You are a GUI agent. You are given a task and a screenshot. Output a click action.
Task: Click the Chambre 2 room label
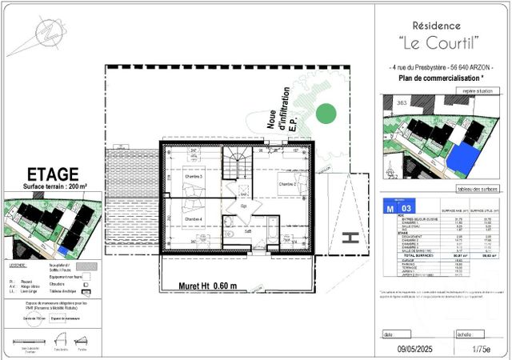(288, 184)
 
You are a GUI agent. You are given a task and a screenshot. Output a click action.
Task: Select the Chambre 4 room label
(194, 218)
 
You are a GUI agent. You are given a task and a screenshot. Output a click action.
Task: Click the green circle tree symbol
(325, 114)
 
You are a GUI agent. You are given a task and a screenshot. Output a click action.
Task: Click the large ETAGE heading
(53, 174)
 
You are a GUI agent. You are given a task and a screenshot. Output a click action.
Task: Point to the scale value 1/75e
(481, 349)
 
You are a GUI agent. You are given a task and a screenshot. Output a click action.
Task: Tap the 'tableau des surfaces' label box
(477, 189)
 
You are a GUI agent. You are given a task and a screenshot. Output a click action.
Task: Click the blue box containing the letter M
(389, 207)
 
